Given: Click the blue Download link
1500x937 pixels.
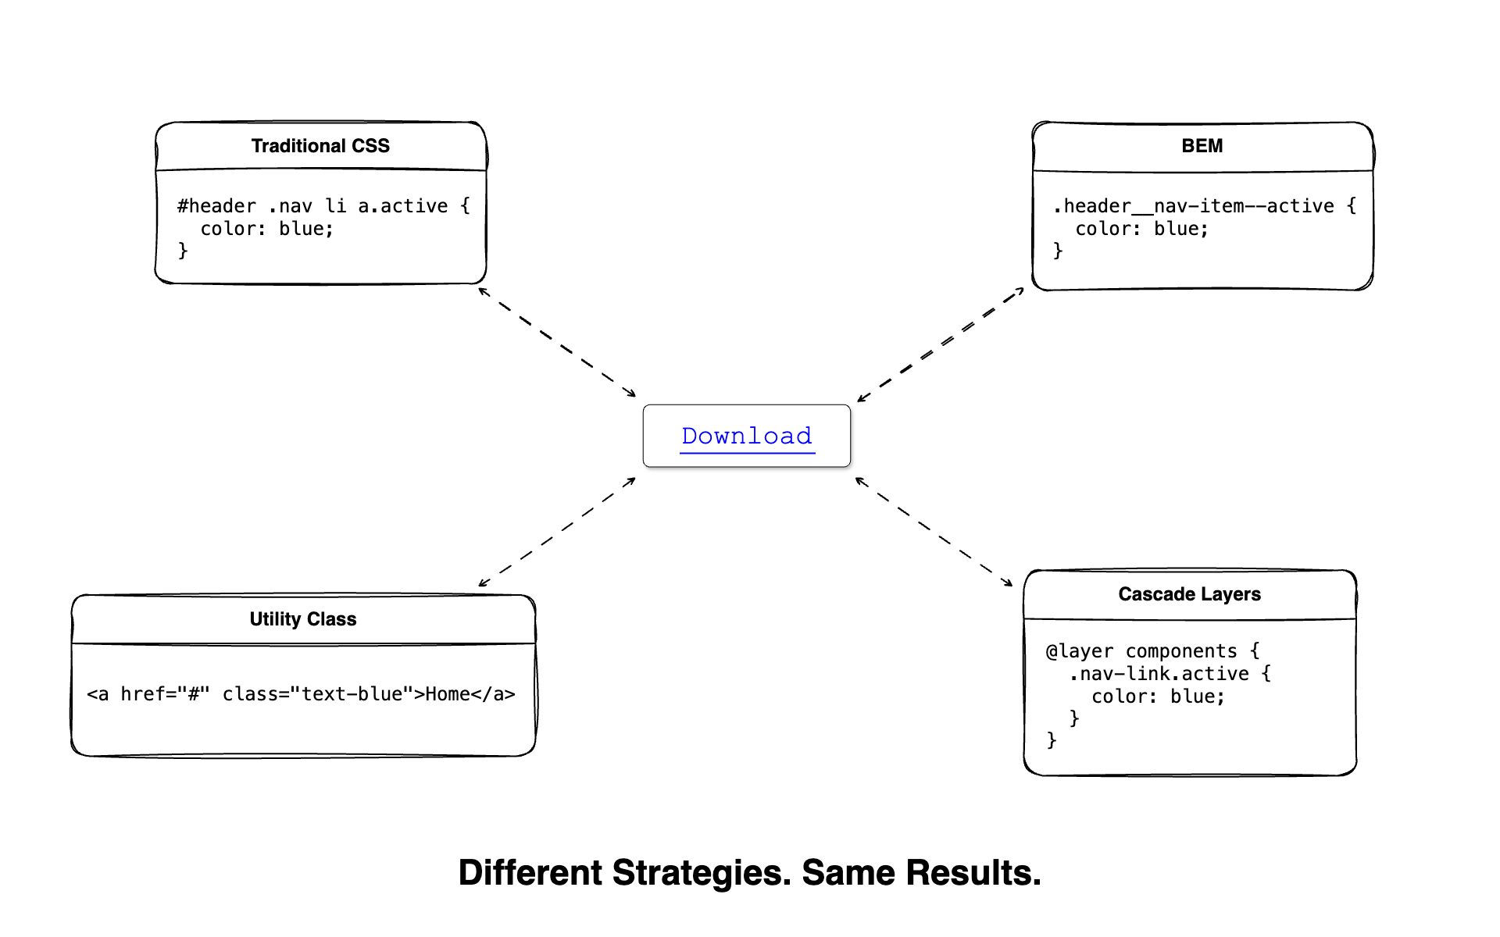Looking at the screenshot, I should coord(746,436).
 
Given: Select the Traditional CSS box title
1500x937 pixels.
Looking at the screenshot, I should coord(320,146).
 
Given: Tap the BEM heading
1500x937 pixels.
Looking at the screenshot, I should coord(1202,146).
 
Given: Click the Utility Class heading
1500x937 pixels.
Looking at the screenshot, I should coord(303,619).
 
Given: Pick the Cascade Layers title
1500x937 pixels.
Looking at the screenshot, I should coord(1189,594).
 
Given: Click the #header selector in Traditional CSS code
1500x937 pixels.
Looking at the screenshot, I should coord(216,206).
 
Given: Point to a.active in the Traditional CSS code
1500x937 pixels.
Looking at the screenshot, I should coord(402,206).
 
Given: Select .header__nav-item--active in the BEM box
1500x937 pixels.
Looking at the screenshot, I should coord(1193,206).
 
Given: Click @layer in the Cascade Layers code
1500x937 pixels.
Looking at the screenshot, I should coord(1079,651).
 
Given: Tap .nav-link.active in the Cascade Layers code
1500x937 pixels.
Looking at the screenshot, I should coord(1159,674).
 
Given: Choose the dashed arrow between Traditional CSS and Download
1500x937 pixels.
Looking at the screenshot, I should coord(557,342).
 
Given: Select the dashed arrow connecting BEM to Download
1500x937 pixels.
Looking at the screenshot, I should coord(940,344).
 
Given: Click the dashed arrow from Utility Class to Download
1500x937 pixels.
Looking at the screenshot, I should coord(557,532).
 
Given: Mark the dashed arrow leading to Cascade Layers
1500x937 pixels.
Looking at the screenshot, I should coord(934,532).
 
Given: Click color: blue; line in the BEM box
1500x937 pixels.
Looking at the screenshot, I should coord(1141,229).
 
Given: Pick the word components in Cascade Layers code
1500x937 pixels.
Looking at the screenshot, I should coord(1180,651).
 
